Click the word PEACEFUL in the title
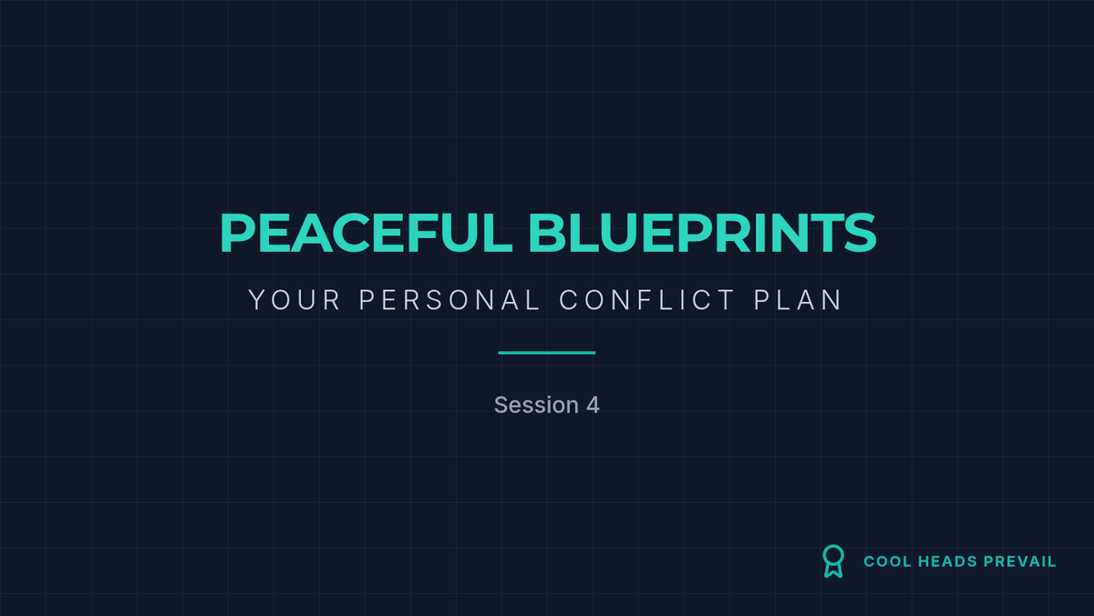(x=366, y=234)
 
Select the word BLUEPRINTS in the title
(x=702, y=234)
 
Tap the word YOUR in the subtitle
(x=294, y=299)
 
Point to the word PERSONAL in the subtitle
(x=449, y=299)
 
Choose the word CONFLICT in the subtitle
(x=646, y=299)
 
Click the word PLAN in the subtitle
(x=798, y=299)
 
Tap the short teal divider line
(x=546, y=352)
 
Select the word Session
(x=536, y=405)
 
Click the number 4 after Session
(x=593, y=405)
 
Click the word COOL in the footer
(x=887, y=561)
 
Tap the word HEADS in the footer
(x=947, y=561)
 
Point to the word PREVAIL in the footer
(x=1020, y=561)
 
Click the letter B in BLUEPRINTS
(x=544, y=234)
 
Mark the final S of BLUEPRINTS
(x=860, y=234)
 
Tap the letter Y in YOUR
(x=257, y=299)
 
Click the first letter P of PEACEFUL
(x=237, y=234)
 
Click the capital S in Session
(x=501, y=405)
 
